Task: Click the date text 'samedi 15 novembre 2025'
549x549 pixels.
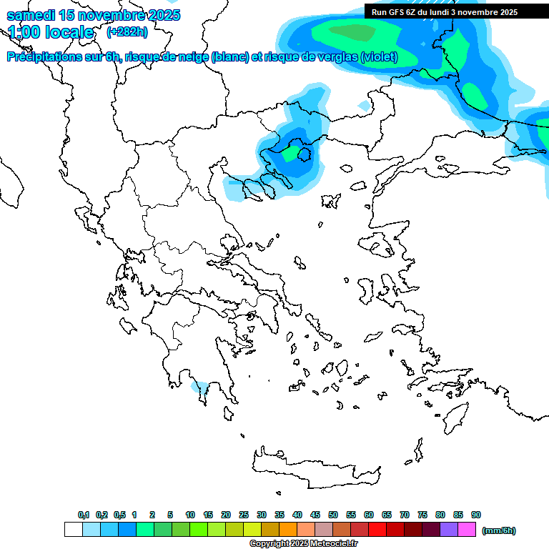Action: coord(94,15)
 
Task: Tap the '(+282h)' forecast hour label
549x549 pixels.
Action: coord(127,32)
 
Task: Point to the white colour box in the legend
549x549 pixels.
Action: coord(73,530)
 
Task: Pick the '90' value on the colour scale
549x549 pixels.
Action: coord(476,515)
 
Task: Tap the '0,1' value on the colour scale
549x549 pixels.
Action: coord(83,515)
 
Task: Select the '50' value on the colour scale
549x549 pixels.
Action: coord(333,515)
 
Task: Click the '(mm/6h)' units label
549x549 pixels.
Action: coord(499,530)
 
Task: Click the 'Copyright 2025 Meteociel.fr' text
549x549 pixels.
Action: coord(303,544)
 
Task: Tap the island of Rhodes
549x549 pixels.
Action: coord(454,419)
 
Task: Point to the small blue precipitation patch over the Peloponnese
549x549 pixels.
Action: coord(199,388)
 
